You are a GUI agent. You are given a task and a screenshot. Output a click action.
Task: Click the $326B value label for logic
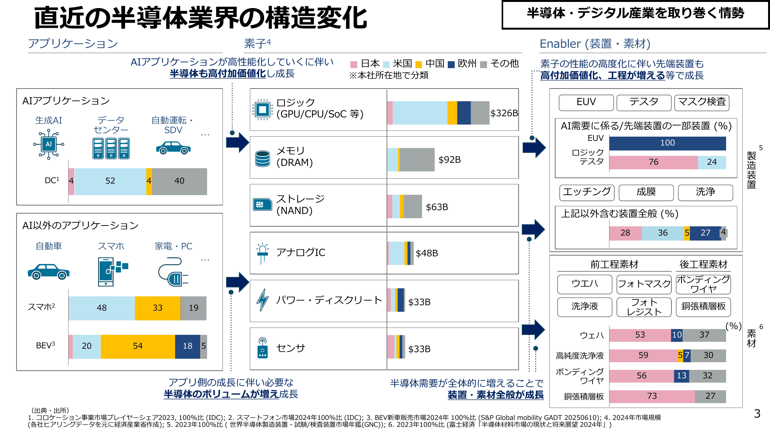[x=504, y=113]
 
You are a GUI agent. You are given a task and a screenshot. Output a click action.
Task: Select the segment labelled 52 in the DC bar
[x=110, y=181]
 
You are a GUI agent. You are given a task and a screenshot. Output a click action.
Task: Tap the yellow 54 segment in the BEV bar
[x=137, y=346]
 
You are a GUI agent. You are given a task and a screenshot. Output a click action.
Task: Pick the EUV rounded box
[x=586, y=102]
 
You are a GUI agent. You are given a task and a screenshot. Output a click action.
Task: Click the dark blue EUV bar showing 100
[x=667, y=143]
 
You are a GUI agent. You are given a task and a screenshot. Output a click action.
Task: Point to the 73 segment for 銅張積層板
[x=652, y=396]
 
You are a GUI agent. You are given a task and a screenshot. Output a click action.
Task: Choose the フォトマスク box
[x=644, y=284]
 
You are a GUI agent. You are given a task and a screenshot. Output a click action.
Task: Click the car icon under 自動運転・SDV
[x=173, y=148]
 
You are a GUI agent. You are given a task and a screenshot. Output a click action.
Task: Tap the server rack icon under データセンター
[x=111, y=148]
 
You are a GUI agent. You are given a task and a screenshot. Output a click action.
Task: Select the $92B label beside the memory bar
[x=449, y=160]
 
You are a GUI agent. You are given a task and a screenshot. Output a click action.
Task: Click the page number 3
[x=757, y=414]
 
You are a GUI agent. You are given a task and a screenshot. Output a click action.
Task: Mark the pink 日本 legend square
[x=354, y=64]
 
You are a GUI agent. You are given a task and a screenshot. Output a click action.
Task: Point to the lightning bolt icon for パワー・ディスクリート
[x=263, y=300]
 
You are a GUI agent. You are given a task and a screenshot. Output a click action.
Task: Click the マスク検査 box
[x=701, y=102]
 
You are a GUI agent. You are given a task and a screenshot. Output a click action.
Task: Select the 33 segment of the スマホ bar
[x=157, y=308]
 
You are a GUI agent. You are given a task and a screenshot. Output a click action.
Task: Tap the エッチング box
[x=587, y=192]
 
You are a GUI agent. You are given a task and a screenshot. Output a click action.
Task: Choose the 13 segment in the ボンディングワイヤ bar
[x=681, y=376]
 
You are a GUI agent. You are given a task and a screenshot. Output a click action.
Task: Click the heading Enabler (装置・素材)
[x=595, y=44]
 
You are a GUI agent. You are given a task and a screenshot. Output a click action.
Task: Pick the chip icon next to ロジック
[x=263, y=110]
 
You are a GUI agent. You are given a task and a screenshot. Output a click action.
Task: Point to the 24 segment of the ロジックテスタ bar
[x=711, y=162]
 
